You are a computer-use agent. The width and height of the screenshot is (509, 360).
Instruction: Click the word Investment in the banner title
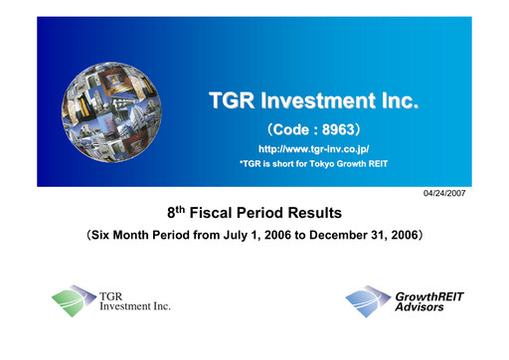coord(315,102)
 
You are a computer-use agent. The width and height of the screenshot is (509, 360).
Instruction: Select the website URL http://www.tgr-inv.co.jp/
coord(313,149)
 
